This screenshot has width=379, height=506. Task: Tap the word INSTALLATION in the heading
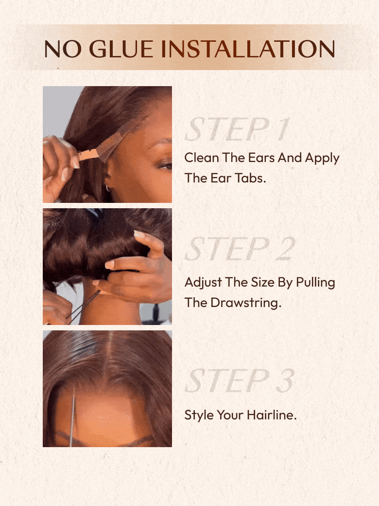[248, 49]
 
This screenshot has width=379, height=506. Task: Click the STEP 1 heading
[237, 130]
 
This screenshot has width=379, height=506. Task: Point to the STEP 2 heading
[240, 249]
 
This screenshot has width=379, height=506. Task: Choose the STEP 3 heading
[240, 381]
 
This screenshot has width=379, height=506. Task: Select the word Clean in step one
[202, 158]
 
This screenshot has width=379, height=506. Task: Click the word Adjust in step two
[203, 283]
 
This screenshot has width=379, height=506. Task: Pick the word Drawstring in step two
[246, 303]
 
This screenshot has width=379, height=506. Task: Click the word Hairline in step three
[272, 416]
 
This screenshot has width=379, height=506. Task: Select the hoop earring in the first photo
[107, 188]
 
